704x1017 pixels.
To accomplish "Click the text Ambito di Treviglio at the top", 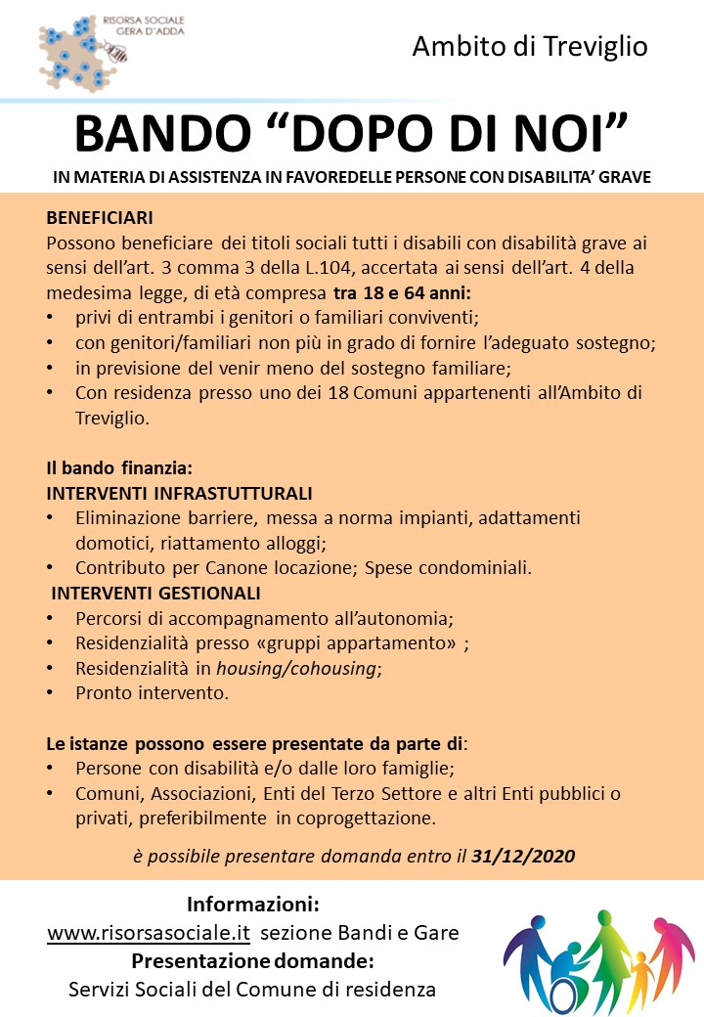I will (x=530, y=46).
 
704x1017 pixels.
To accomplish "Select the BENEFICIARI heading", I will (x=99, y=217).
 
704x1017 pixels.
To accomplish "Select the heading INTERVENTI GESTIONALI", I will (x=155, y=593).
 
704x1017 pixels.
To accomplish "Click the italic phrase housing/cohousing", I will (x=296, y=669).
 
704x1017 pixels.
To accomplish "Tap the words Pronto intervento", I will (x=152, y=694).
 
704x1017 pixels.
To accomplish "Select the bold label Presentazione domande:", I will (x=252, y=960).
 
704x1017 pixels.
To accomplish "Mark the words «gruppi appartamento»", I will (x=369, y=643).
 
